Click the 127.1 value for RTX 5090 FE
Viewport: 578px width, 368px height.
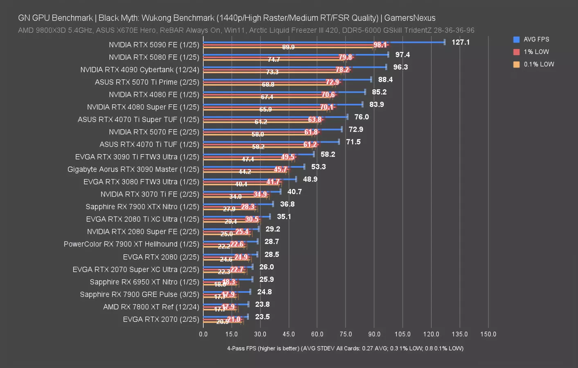tap(461, 42)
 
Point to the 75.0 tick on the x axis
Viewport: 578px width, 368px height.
tap(346, 334)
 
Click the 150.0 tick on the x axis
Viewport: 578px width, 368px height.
tap(488, 334)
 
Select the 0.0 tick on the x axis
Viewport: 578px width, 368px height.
tap(203, 334)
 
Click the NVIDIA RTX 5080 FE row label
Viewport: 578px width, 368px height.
tap(154, 57)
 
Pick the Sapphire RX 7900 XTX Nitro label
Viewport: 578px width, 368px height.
tap(142, 207)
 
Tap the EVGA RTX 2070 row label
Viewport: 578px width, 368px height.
tap(161, 319)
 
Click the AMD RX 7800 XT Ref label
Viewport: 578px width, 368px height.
tap(151, 307)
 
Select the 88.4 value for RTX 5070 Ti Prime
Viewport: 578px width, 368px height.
tap(385, 79)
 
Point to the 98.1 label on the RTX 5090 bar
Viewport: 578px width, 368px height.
tap(380, 45)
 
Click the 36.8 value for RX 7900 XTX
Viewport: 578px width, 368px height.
tap(287, 204)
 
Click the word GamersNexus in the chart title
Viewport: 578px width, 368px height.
tap(409, 18)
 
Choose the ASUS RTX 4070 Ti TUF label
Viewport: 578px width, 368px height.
tap(149, 144)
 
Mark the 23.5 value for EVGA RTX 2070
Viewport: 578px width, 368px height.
tap(262, 317)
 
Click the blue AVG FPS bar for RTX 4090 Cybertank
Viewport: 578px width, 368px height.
tap(295, 67)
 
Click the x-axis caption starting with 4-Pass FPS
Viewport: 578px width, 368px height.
tap(345, 348)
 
